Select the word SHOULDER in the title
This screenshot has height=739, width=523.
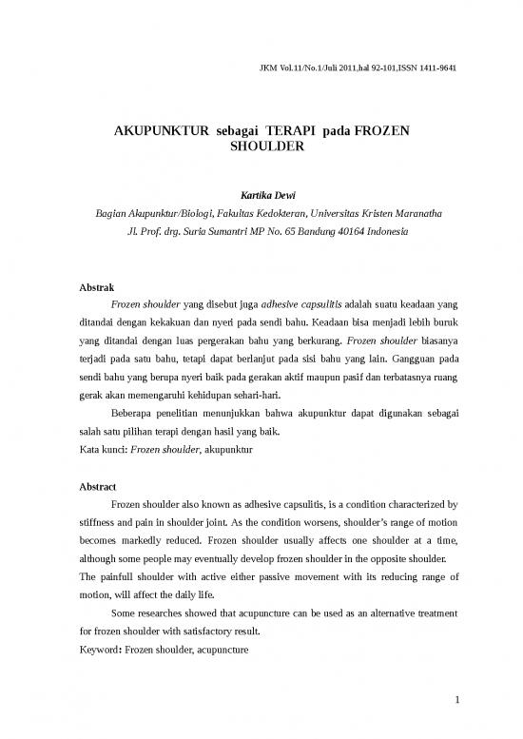(x=266, y=148)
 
